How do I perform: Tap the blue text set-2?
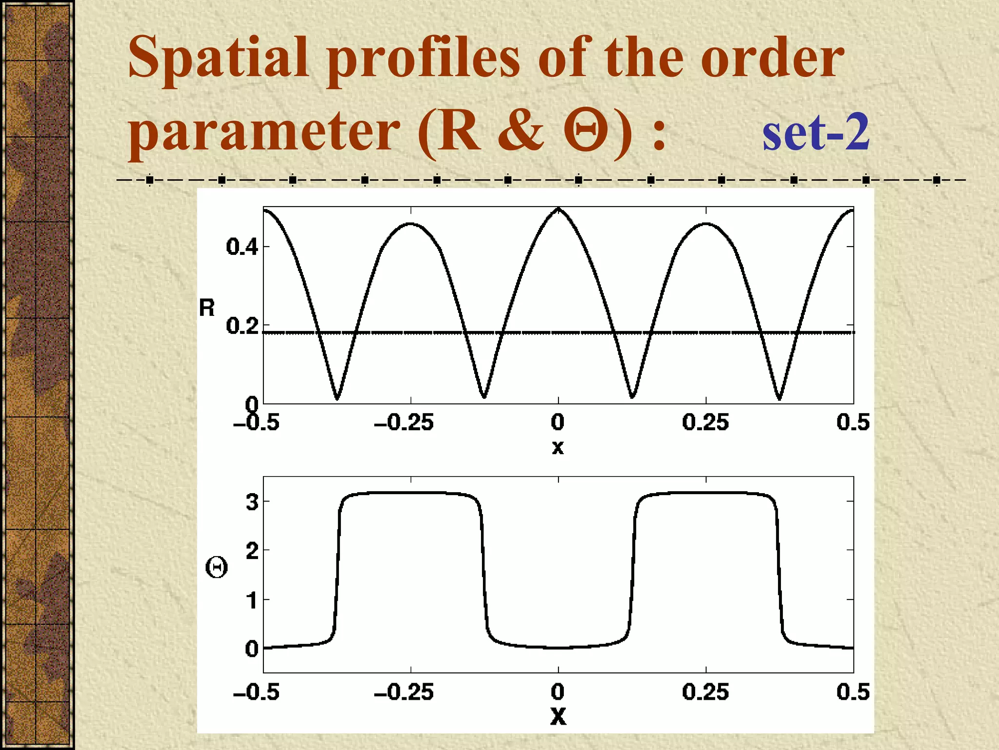click(x=816, y=132)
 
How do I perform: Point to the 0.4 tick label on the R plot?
click(x=242, y=247)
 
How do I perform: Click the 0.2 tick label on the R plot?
click(x=242, y=326)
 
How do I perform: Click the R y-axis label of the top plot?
click(x=207, y=308)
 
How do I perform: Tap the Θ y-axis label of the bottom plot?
click(x=216, y=568)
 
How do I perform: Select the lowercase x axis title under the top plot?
click(x=558, y=447)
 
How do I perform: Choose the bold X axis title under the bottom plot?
click(x=558, y=716)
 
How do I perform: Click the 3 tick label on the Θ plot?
click(x=252, y=501)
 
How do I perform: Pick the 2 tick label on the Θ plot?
click(x=252, y=551)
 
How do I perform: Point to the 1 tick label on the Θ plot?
click(x=252, y=600)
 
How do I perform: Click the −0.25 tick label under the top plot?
click(x=403, y=422)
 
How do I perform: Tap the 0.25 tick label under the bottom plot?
click(x=705, y=692)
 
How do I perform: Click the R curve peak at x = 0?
click(x=559, y=209)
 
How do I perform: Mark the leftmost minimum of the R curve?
click(x=337, y=398)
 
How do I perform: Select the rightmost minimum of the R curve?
click(x=779, y=398)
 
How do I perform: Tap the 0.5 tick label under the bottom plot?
click(x=853, y=692)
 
